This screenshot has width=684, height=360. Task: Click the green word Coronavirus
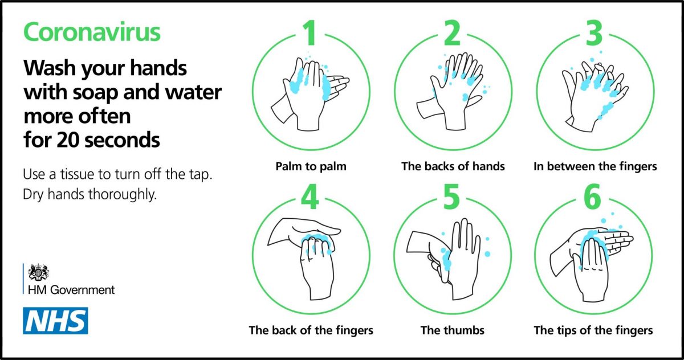point(92,32)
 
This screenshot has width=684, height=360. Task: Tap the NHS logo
point(56,321)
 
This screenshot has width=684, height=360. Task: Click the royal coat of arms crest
point(38,272)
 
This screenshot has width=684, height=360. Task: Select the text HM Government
point(71,290)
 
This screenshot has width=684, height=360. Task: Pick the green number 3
point(594,33)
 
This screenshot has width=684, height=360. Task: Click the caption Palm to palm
point(311,166)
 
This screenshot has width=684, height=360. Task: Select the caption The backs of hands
point(453,166)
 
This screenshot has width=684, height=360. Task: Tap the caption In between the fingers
point(595,166)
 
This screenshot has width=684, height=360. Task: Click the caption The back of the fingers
point(311,330)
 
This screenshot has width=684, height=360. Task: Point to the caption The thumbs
point(452,330)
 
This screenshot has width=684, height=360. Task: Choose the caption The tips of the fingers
point(593,330)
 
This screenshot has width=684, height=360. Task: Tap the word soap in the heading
point(95,93)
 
